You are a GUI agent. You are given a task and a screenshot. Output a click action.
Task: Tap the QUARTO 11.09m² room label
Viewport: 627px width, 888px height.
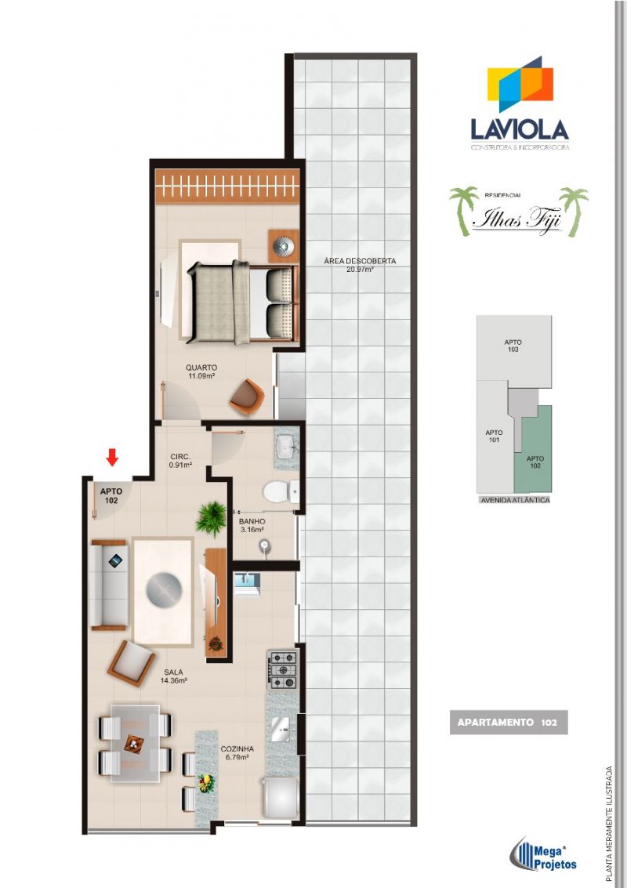click(201, 371)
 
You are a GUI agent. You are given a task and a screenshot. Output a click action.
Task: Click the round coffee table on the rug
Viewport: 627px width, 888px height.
click(165, 588)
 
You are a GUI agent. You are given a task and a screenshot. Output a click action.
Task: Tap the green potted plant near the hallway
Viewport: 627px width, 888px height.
click(211, 518)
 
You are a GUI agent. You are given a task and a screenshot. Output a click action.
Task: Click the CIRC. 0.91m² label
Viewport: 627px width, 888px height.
click(182, 460)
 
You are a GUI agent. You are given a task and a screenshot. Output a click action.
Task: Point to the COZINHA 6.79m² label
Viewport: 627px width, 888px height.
click(235, 753)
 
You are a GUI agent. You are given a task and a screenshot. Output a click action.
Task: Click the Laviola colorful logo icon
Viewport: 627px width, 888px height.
click(520, 85)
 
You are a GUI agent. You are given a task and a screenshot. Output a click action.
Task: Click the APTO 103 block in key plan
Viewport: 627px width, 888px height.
click(513, 346)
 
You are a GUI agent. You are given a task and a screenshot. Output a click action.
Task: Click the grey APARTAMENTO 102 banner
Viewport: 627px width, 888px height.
click(507, 722)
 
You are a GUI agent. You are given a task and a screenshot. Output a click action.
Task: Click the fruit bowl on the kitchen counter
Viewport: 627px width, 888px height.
click(206, 782)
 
